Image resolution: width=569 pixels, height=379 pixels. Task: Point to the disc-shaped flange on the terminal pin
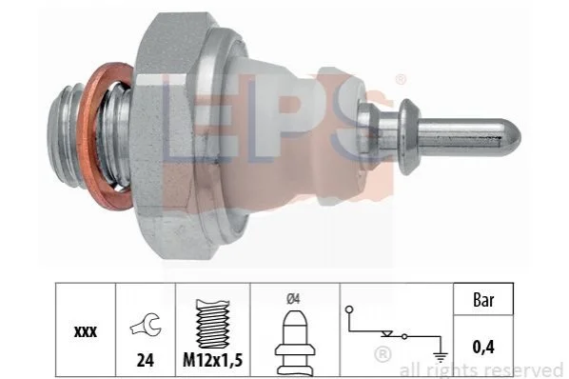(x=408, y=136)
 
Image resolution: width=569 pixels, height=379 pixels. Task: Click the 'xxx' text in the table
(x=86, y=331)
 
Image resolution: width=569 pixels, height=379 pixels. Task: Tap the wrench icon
(x=146, y=325)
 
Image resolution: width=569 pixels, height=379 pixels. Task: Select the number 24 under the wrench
(x=146, y=361)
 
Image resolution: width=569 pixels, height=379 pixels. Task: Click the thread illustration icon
(x=212, y=324)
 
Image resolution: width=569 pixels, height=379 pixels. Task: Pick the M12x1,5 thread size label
(x=212, y=361)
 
